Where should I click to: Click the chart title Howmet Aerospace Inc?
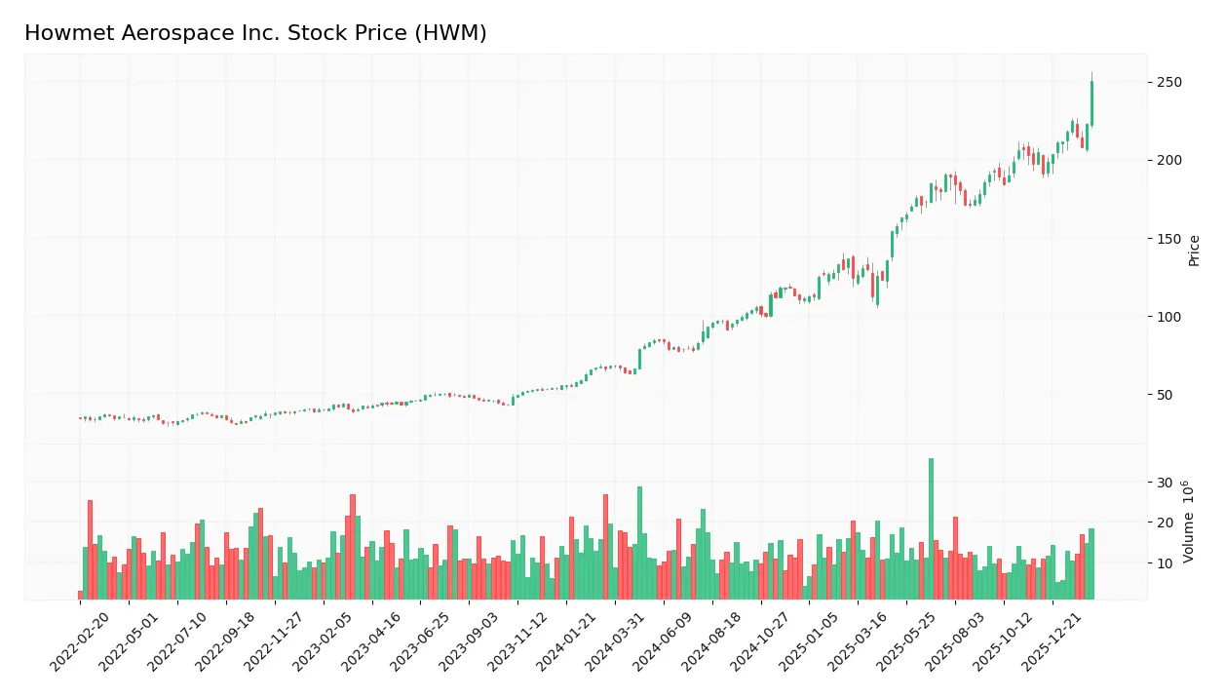tap(255, 33)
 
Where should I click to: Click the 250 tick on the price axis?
tap(1168, 82)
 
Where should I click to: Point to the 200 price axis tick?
tap(1168, 160)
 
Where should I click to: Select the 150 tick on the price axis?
tap(1168, 239)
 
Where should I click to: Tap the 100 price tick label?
tap(1168, 317)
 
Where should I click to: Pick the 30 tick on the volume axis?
tap(1165, 483)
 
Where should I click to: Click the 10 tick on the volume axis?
tap(1165, 562)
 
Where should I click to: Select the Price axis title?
tap(1194, 251)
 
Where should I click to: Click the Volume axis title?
tap(1189, 522)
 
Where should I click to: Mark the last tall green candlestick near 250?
tap(1091, 103)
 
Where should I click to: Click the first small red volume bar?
tap(81, 595)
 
